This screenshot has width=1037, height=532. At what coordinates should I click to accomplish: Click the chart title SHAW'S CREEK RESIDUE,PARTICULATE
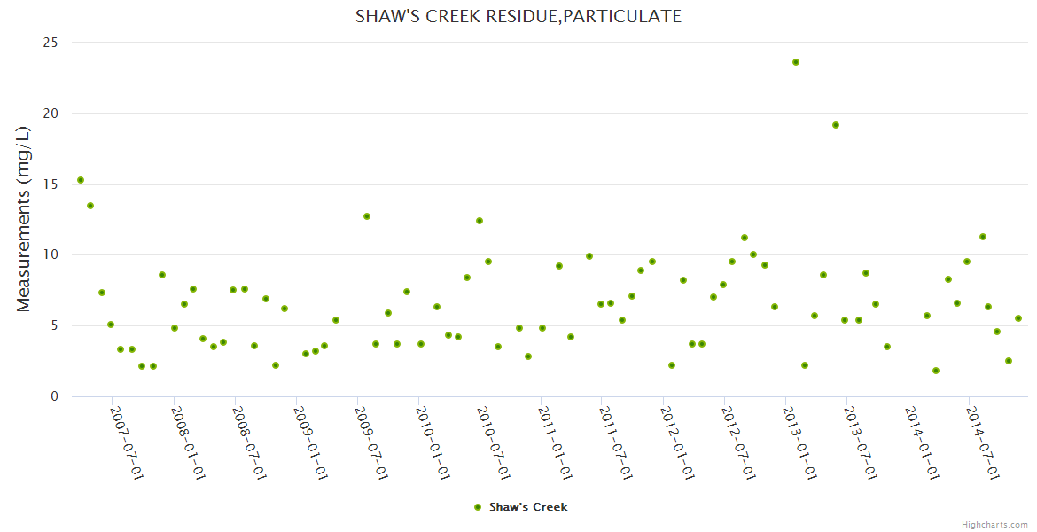[518, 16]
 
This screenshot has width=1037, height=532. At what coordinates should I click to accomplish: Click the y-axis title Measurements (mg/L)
[24, 219]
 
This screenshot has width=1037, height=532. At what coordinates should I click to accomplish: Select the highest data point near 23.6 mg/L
[796, 62]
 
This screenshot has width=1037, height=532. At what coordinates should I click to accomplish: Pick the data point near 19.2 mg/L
[836, 125]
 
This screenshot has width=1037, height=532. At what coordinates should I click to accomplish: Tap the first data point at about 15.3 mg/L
[81, 180]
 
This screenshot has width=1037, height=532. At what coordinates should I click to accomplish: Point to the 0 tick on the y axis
[55, 397]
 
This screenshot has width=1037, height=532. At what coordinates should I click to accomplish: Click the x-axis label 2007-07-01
[127, 442]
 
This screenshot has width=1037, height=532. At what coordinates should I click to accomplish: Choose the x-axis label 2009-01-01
[311, 442]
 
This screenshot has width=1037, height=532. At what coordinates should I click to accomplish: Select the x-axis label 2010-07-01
[495, 442]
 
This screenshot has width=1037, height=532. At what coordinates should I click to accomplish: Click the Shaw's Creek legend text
[528, 507]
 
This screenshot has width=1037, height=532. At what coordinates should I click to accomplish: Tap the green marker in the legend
[478, 507]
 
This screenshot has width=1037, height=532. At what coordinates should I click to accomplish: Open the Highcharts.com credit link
[994, 524]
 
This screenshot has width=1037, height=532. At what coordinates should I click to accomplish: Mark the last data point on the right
[1018, 318]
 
